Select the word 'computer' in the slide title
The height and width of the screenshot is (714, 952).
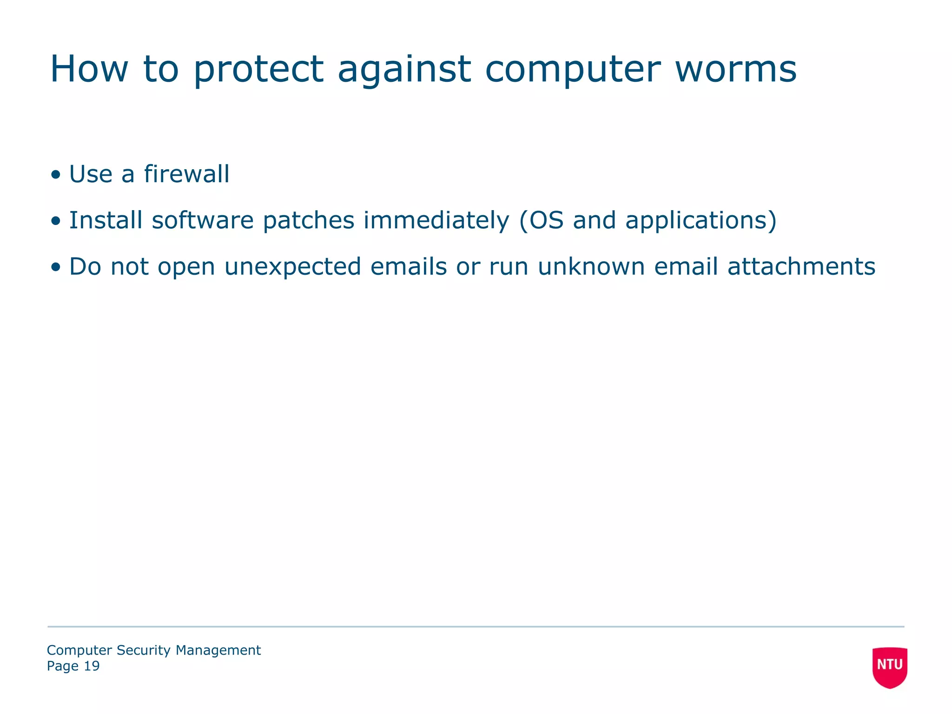pyautogui.click(x=572, y=70)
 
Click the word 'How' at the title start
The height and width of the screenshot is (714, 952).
pyautogui.click(x=89, y=70)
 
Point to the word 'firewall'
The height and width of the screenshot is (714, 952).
pyautogui.click(x=186, y=174)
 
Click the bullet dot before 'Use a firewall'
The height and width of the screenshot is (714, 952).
pyautogui.click(x=56, y=175)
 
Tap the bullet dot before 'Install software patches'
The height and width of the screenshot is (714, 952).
pyautogui.click(x=56, y=221)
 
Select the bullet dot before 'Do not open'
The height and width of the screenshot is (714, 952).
pyautogui.click(x=56, y=268)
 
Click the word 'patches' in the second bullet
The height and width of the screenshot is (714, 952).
pyautogui.click(x=309, y=220)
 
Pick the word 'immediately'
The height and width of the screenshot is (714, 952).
pyautogui.click(x=436, y=220)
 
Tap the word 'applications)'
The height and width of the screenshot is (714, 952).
pyautogui.click(x=701, y=220)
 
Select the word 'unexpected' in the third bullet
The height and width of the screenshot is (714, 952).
pyautogui.click(x=292, y=267)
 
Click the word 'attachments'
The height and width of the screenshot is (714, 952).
pyautogui.click(x=801, y=267)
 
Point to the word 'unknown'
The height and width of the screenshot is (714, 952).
pyautogui.click(x=591, y=267)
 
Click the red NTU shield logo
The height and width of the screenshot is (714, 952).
pyautogui.click(x=890, y=667)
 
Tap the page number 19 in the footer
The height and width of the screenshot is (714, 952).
pyautogui.click(x=92, y=666)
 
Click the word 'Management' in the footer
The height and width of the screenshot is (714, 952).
pyautogui.click(x=218, y=650)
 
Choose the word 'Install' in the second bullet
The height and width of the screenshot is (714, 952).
pyautogui.click(x=106, y=220)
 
